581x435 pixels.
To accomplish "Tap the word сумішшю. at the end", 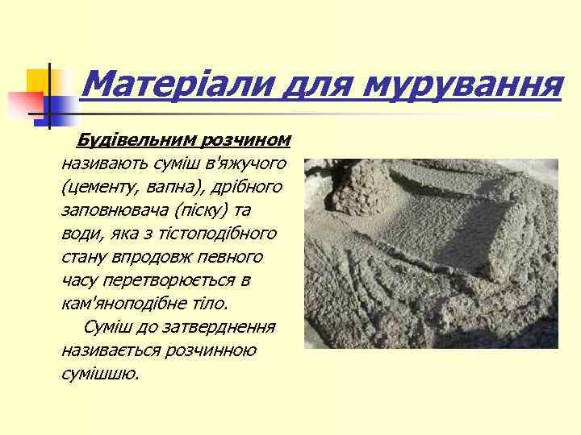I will tap(100, 375).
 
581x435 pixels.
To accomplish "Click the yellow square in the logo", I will tap(39, 81).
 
